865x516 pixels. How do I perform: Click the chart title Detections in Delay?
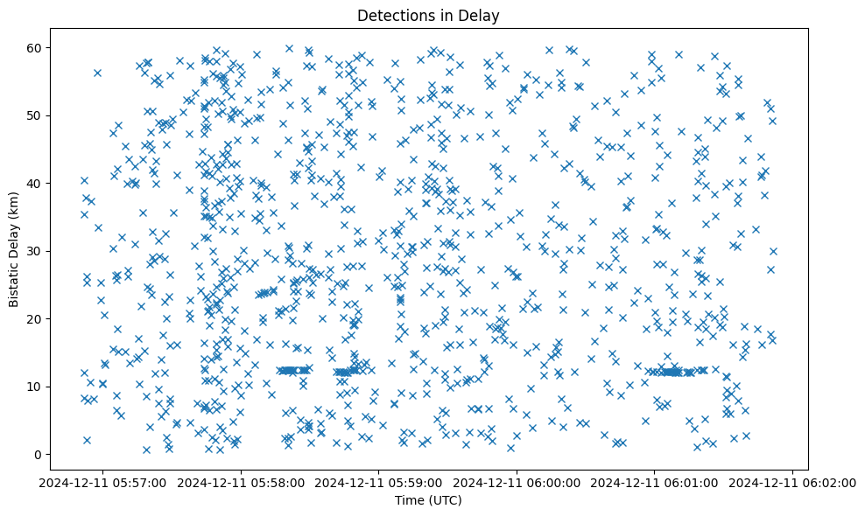coord(428,15)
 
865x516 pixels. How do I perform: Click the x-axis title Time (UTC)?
coord(428,500)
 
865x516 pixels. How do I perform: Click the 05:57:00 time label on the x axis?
coord(102,482)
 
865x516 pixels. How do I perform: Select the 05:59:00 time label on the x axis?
coord(379,482)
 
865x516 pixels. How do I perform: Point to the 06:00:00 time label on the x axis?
coord(517,482)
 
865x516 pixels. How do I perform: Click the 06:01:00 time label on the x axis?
coord(656,482)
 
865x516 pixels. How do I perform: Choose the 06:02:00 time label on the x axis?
coord(793,482)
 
